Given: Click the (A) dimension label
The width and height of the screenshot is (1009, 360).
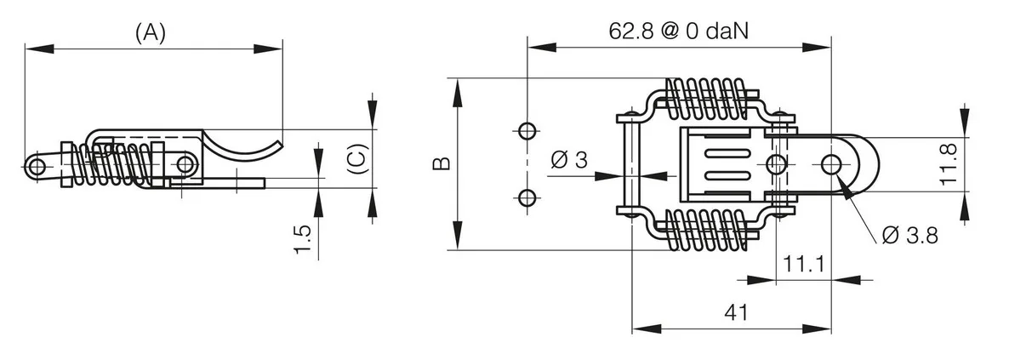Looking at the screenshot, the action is click(x=151, y=33).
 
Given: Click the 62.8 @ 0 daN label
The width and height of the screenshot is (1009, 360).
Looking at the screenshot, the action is click(x=678, y=31).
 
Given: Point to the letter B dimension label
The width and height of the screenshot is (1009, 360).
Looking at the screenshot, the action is click(x=442, y=163).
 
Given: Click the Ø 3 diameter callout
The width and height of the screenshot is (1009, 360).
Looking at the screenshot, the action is click(x=569, y=159).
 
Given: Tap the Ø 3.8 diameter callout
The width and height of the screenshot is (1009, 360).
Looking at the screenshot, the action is click(x=909, y=236).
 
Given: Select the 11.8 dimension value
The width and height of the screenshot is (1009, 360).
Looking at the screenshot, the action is click(x=949, y=164).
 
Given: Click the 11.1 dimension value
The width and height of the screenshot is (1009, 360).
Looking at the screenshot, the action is click(x=804, y=263).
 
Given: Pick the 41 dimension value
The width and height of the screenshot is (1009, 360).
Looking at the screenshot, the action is click(x=736, y=312).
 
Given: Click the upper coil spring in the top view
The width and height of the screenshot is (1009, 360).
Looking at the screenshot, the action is click(x=707, y=100).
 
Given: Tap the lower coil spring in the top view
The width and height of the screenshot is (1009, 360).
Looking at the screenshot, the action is click(x=707, y=230).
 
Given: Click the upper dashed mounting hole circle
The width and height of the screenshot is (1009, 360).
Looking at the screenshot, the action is click(x=527, y=131).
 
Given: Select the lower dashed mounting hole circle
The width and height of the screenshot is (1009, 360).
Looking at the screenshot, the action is click(x=527, y=197).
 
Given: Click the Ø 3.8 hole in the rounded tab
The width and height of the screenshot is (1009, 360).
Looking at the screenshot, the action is click(x=830, y=164).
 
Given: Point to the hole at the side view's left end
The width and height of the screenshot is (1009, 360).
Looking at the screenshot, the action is click(x=37, y=169).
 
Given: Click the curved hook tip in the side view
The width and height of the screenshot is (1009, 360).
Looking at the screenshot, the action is click(x=279, y=145).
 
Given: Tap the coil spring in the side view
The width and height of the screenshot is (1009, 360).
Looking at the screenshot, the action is click(x=116, y=164).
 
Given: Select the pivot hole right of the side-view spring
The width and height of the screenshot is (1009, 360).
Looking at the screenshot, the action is click(x=185, y=165).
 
